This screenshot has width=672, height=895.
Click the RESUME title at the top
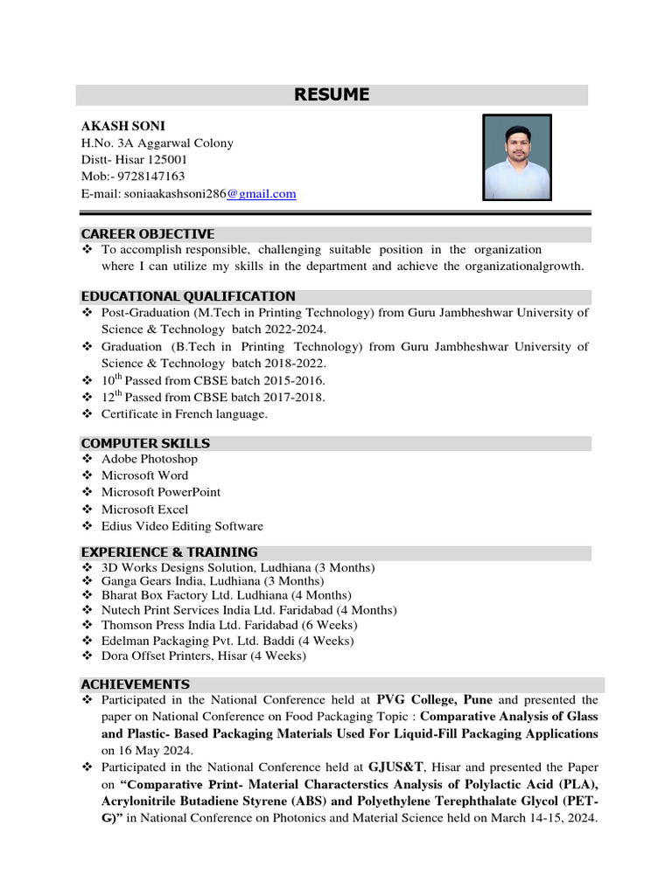click(x=332, y=95)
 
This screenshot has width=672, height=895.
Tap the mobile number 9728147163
click(x=147, y=177)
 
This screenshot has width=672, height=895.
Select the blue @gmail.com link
click(x=261, y=194)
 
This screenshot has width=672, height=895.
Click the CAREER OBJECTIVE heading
click(x=147, y=234)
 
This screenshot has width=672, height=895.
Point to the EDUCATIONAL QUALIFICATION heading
click(x=188, y=296)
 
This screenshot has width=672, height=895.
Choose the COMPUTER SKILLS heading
click(x=145, y=443)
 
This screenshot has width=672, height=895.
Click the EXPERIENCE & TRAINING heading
click(x=169, y=552)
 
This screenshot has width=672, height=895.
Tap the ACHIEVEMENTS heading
click(x=135, y=684)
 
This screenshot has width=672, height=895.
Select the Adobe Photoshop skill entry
click(x=149, y=459)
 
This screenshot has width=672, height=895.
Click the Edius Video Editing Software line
click(x=182, y=526)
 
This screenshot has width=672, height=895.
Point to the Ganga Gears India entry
click(x=212, y=581)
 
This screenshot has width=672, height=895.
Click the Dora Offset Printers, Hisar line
click(x=204, y=655)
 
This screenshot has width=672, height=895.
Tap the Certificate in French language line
click(x=184, y=414)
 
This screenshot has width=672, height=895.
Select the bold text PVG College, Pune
click(x=434, y=700)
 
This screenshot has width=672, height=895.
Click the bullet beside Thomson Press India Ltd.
click(x=87, y=626)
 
